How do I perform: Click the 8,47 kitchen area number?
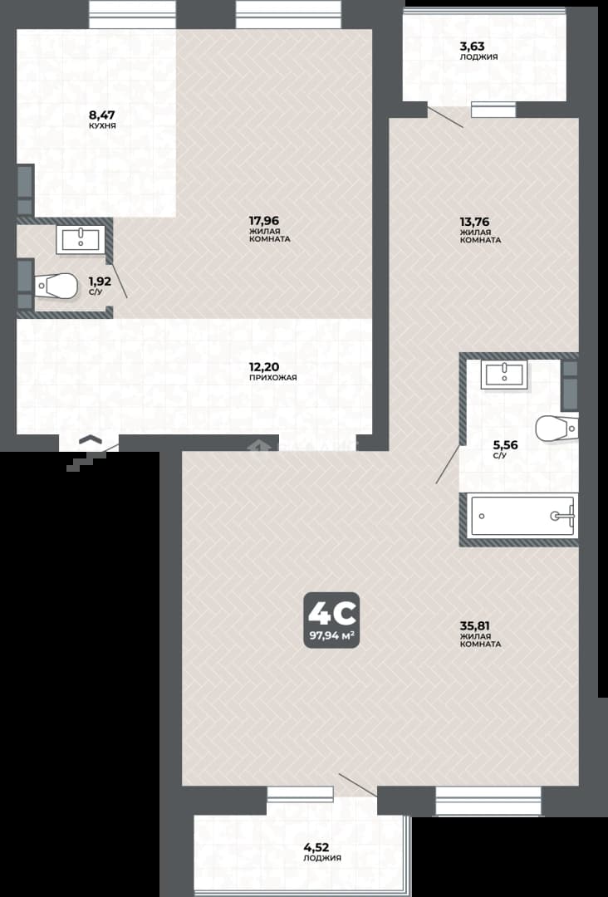pos(102,115)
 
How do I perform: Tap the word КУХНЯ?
pos(102,125)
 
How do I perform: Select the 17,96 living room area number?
pos(263,220)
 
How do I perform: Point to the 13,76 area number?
pos(474,222)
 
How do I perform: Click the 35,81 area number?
pos(475,626)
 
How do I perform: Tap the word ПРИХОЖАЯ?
pos(272,378)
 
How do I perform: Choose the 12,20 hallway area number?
pos(264,367)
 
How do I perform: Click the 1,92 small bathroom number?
pos(100,282)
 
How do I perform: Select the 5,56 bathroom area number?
pos(506,444)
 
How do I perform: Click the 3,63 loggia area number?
pos(473,47)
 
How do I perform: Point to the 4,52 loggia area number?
pos(316,847)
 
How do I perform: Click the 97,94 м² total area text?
pos(331,635)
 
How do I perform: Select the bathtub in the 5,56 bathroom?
pos(522,516)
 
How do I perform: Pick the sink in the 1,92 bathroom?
pos(81,240)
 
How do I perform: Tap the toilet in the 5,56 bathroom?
pos(557,429)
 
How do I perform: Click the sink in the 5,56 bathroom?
pos(504,375)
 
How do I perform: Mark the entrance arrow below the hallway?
pos(91,439)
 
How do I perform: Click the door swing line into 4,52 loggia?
pos(357,785)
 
